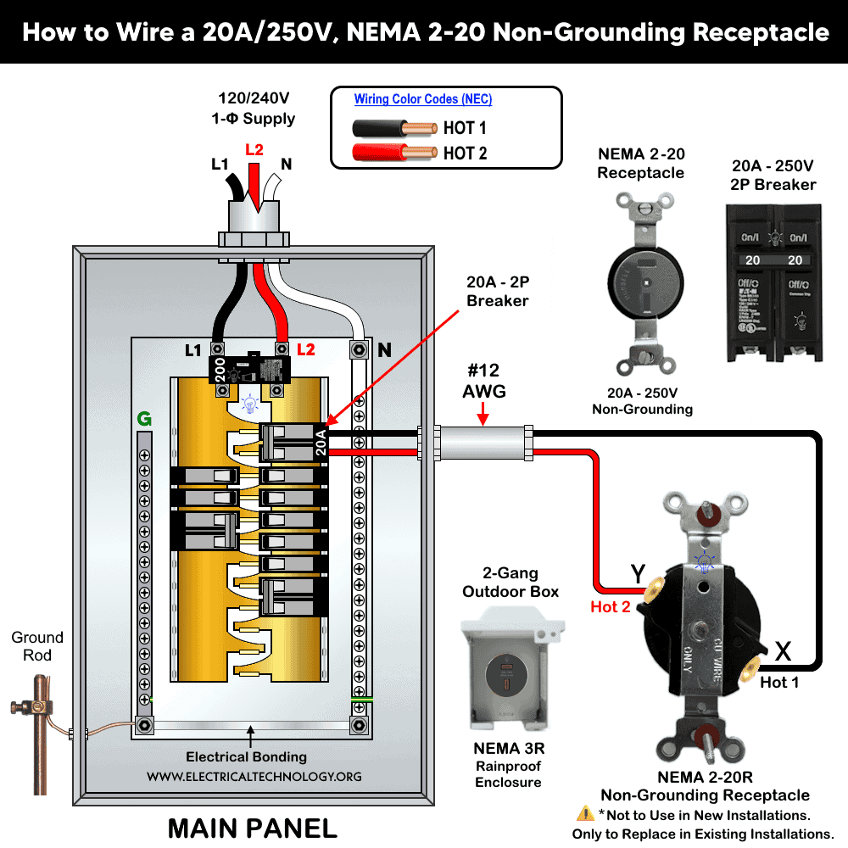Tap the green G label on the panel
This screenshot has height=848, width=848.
coord(143,419)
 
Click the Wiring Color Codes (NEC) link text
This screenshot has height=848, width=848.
coord(422,99)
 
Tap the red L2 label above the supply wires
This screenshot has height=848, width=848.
coord(254,150)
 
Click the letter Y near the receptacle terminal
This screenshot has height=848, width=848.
coord(639,575)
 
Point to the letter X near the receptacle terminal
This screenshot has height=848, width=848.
coord(783,651)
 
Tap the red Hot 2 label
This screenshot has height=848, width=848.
coord(611,606)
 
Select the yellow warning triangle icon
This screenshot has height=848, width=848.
coord(585,814)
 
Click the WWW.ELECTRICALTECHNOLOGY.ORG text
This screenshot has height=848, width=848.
coord(254,776)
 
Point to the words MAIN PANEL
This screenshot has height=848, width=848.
coord(252,827)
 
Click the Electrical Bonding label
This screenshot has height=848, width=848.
coord(246,756)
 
